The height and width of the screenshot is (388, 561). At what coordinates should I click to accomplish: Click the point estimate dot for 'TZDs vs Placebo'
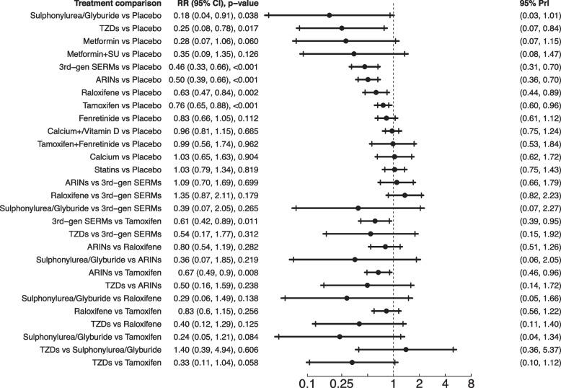point(342,28)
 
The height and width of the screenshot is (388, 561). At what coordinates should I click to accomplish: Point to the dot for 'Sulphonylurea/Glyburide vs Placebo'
point(330,15)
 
